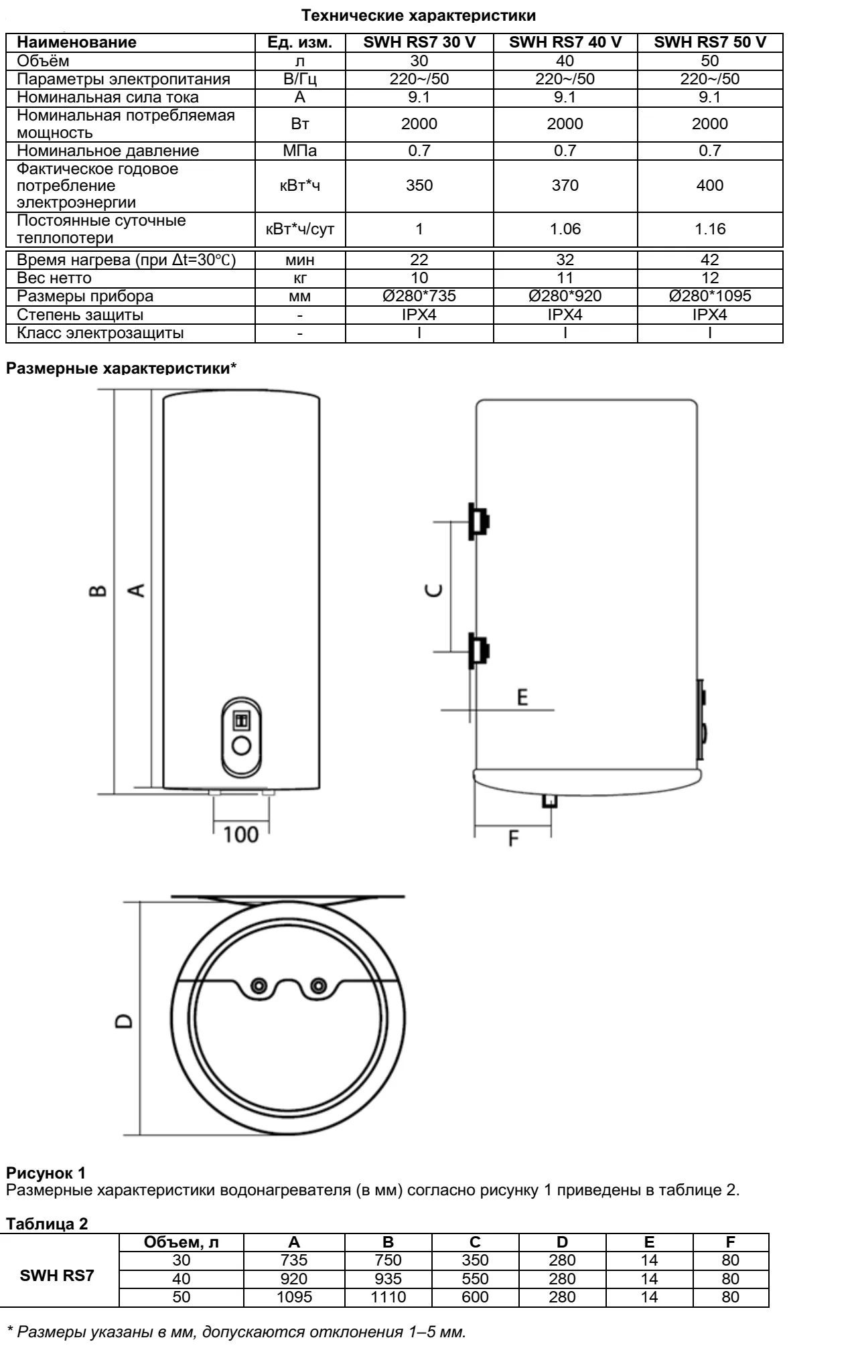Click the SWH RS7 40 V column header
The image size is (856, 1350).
click(x=565, y=42)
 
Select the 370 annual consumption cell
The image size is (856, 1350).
click(x=565, y=185)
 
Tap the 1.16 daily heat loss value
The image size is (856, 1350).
click(x=710, y=229)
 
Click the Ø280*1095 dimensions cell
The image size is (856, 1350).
click(x=710, y=296)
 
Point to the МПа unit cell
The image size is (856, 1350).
click(x=300, y=151)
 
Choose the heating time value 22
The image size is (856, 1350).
click(x=419, y=260)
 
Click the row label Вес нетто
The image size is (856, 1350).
click(x=54, y=278)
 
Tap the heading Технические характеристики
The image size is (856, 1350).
click(x=419, y=15)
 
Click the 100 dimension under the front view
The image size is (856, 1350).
click(x=240, y=834)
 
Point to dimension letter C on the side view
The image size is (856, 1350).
click(x=435, y=589)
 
